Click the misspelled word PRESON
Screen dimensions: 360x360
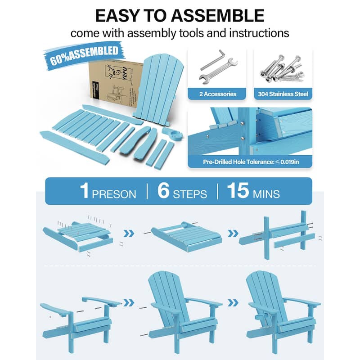pyautogui.click(x=114, y=194)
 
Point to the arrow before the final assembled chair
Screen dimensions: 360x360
pyautogui.click(x=234, y=302)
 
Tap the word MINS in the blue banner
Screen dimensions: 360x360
pyautogui.click(x=265, y=194)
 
